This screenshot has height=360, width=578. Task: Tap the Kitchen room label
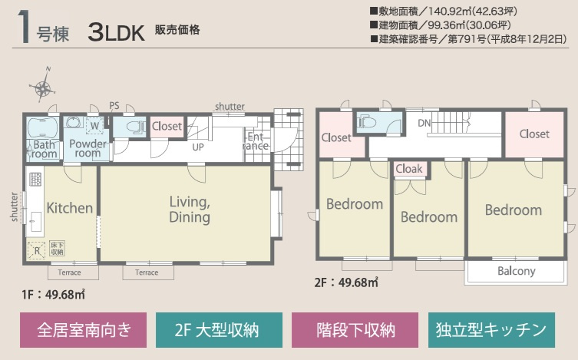point(70,208)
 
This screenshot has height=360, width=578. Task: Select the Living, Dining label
point(190,210)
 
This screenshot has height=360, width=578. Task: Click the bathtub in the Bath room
point(43,128)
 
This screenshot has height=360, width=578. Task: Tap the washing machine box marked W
point(94,126)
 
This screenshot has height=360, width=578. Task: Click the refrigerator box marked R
point(37,250)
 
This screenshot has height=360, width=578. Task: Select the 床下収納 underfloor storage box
point(57,249)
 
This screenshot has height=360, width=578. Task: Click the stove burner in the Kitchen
point(35,179)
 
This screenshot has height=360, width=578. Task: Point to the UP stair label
point(198,147)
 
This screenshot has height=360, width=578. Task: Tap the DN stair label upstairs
point(424,123)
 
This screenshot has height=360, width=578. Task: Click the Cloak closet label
point(409,169)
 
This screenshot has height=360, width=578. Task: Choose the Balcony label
point(516,271)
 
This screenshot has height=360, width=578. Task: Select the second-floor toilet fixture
point(367,121)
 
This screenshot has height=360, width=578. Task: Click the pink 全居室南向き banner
point(84,330)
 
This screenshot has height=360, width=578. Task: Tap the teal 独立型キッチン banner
point(491,330)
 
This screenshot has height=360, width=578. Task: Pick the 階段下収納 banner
point(355,330)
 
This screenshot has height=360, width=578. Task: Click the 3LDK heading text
point(117,32)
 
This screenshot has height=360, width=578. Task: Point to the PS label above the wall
point(114,106)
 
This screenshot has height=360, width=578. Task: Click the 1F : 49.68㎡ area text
point(53,295)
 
